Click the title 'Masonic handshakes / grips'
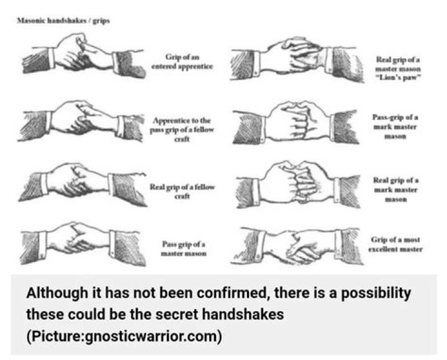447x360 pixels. (x=63, y=20)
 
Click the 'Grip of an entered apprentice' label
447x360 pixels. (x=182, y=61)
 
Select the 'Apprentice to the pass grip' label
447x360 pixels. (x=182, y=130)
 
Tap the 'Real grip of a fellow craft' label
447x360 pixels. (x=182, y=192)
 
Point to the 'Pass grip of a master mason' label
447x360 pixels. (x=184, y=249)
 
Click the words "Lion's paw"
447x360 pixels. (x=398, y=78)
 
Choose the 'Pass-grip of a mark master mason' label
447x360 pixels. (x=395, y=127)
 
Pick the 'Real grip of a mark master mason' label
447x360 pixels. (x=395, y=189)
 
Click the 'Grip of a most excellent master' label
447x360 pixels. (x=395, y=245)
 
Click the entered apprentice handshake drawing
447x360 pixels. (x=84, y=57)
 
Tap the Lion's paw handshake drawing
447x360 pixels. (x=297, y=60)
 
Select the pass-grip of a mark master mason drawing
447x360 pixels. (x=296, y=122)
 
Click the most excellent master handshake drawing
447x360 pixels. (x=297, y=246)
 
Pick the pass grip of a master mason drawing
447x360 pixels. (x=83, y=245)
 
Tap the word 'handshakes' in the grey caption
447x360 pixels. (x=243, y=315)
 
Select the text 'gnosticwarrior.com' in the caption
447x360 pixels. (x=150, y=336)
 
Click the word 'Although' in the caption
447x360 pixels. (x=56, y=294)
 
